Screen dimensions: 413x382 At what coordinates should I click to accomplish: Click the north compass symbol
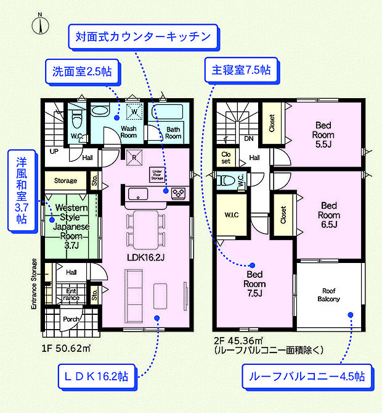[41, 24]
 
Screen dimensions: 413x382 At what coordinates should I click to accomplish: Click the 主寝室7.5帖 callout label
[238, 70]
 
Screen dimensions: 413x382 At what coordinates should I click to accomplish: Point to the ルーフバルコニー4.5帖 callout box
[307, 375]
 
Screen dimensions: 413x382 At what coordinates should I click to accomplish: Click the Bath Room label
[173, 133]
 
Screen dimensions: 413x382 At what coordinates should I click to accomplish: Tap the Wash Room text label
[128, 131]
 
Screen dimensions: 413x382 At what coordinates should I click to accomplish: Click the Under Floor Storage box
[156, 174]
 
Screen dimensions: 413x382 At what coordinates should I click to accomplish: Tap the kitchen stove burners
[178, 193]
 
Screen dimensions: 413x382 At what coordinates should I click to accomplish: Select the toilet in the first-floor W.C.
[77, 118]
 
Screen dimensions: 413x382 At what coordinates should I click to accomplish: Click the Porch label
[71, 319]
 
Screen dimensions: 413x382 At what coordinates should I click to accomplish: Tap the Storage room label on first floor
[65, 181]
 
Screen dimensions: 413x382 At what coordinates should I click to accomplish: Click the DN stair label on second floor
[249, 140]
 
